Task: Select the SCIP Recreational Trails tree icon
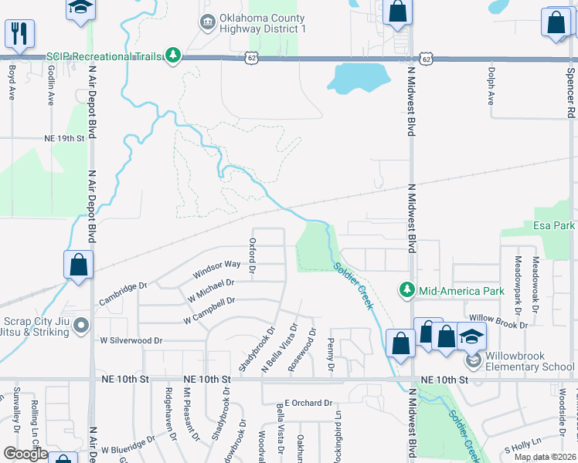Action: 175,55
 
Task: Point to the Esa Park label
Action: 554,225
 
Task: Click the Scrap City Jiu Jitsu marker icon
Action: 81,328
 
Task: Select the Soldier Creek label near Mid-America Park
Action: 355,286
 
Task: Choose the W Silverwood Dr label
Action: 131,340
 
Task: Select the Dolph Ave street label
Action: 491,86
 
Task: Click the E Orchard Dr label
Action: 308,403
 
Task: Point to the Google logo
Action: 26,454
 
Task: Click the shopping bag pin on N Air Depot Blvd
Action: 78,265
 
